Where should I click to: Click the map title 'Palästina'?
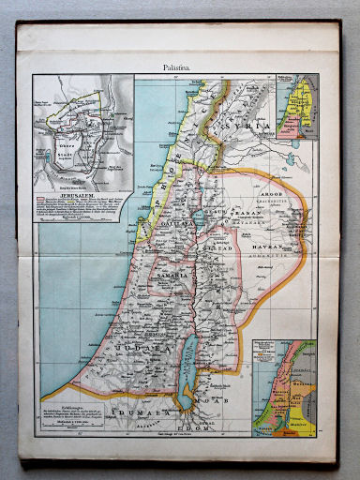click(179, 67)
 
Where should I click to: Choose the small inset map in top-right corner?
click(301, 108)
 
